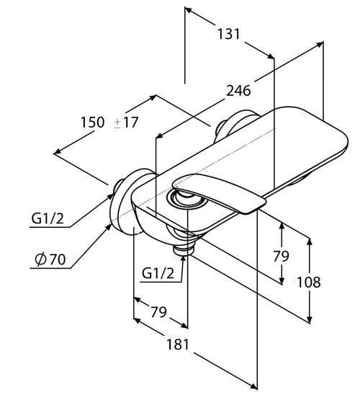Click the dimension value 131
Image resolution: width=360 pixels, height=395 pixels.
click(x=228, y=34)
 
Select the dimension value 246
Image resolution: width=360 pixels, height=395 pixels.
click(x=238, y=91)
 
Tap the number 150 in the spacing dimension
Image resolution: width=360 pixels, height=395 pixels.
click(x=92, y=123)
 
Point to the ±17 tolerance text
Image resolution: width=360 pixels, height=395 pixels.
click(x=126, y=123)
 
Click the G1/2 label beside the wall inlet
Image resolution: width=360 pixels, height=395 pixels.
click(x=48, y=218)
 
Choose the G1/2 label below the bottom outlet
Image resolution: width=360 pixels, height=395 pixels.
click(x=158, y=272)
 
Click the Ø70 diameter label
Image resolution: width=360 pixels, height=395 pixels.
click(x=50, y=259)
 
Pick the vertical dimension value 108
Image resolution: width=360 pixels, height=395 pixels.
click(x=309, y=282)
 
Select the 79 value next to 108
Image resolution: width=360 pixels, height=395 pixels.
click(x=281, y=257)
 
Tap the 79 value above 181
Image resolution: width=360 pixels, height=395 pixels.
click(x=158, y=312)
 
